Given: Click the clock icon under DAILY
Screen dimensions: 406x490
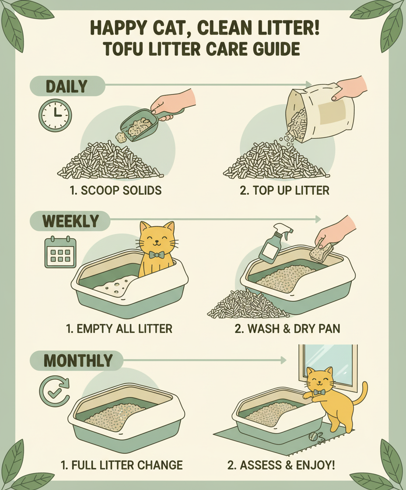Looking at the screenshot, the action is click(x=55, y=115).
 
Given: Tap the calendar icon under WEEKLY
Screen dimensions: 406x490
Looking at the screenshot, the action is click(x=60, y=252).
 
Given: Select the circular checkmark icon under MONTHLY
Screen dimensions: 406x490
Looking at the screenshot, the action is click(x=54, y=391).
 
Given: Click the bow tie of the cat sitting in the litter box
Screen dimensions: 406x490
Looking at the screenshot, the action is click(x=157, y=255).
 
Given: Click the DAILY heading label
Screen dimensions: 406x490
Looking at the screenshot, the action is click(x=67, y=86).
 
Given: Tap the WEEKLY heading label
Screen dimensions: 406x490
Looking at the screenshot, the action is click(x=70, y=221).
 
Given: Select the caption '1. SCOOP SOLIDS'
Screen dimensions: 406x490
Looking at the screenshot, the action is click(x=115, y=190).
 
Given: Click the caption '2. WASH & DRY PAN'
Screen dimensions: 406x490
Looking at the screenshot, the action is click(x=287, y=329).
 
